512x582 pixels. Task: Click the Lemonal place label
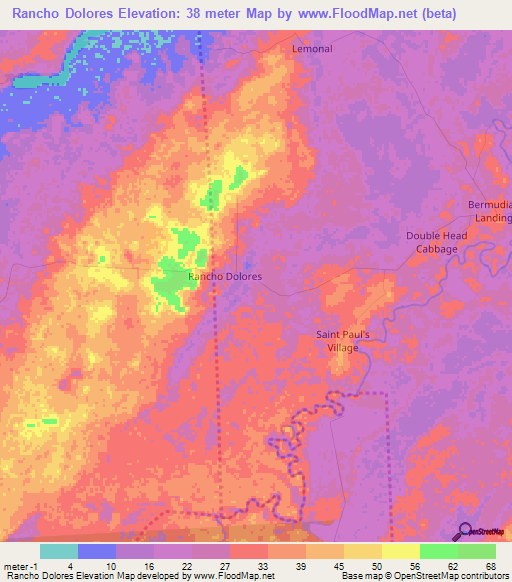(x=311, y=48)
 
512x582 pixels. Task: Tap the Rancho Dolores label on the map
(x=225, y=276)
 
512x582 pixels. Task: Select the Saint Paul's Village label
(x=343, y=341)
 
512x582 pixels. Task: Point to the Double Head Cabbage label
(x=432, y=242)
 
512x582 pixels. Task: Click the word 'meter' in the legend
(x=16, y=565)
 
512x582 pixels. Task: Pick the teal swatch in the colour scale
(x=59, y=550)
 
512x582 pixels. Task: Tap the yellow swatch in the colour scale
(x=400, y=550)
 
